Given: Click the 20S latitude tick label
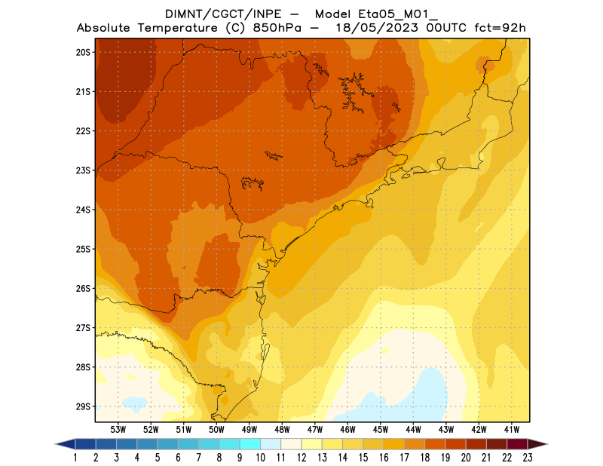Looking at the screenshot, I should click(83, 52).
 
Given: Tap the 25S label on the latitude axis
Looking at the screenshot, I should click(83, 249).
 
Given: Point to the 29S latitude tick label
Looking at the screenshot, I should click(83, 406).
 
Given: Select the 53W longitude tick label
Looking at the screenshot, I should click(118, 429).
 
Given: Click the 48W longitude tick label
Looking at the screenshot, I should click(282, 429).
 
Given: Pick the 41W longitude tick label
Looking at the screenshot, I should click(512, 429).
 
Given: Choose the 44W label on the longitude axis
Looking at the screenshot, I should click(413, 429).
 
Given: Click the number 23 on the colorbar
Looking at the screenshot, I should click(527, 458).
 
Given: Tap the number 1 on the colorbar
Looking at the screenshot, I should click(76, 458).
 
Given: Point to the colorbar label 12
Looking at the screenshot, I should click(301, 458).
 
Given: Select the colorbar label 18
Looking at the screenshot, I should click(424, 458).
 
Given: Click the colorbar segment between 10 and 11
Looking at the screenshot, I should click(271, 444).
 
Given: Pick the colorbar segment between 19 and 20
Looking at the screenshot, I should click(455, 444).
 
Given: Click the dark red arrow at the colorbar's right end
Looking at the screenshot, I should click(537, 444).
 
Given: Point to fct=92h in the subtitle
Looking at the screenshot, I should click(497, 29).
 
